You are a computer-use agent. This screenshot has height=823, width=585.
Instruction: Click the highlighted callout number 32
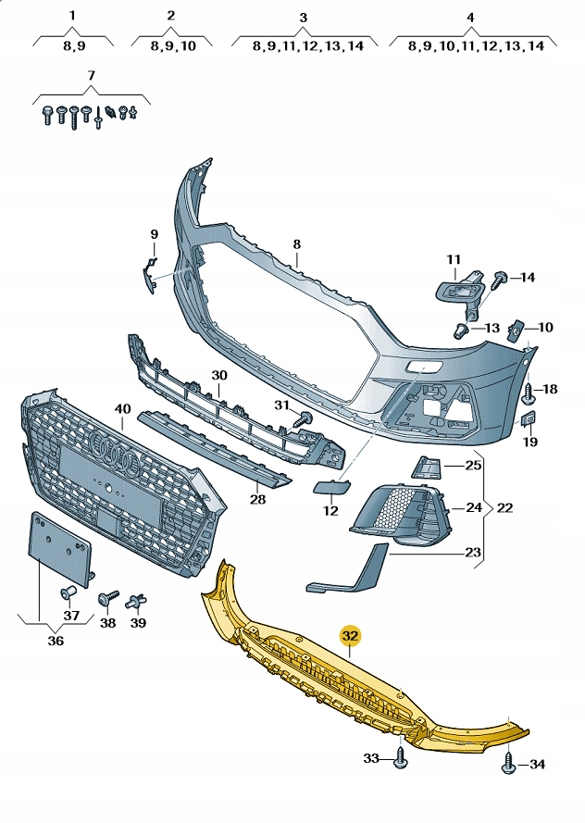point(351,636)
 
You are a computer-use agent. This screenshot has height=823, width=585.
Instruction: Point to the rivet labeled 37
point(68,592)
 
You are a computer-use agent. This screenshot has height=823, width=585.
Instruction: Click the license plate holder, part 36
point(60,549)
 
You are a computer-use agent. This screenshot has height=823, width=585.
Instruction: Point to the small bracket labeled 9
point(146,274)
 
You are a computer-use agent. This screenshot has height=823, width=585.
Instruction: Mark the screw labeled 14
point(501,277)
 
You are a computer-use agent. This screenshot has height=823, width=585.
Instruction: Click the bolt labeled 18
point(528,392)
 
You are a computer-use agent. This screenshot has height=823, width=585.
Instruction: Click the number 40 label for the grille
point(122,408)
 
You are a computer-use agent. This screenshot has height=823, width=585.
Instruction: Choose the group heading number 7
point(91,74)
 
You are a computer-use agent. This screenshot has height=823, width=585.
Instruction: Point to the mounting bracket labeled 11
point(461,287)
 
